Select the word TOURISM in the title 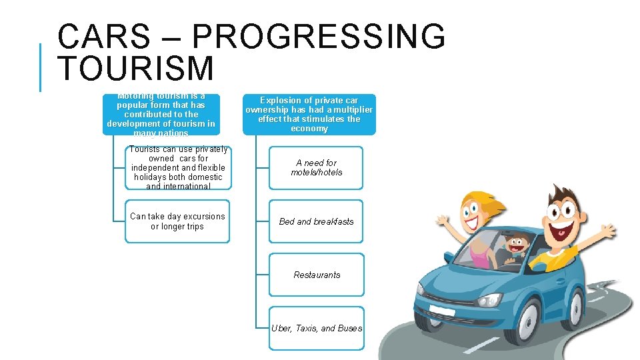[x=136, y=69]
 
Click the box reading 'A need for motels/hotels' [x=316, y=167]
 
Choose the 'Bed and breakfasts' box [x=316, y=221]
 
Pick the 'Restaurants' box [x=316, y=275]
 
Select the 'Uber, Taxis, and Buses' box [x=316, y=328]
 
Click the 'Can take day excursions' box [x=177, y=221]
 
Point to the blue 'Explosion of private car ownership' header [x=309, y=115]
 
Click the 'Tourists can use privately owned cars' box [x=177, y=168]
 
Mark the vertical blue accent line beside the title [x=41, y=67]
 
